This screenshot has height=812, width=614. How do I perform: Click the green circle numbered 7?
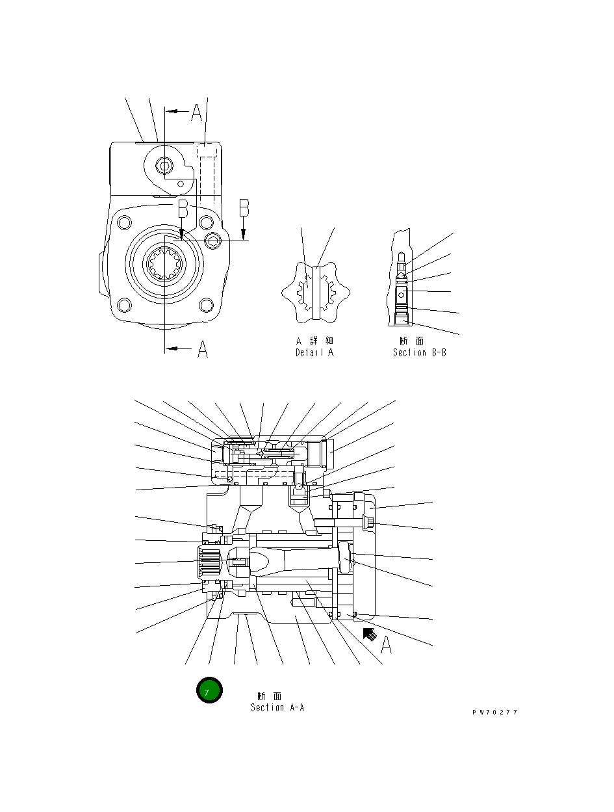click(209, 690)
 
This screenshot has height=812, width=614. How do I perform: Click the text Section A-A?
click(277, 707)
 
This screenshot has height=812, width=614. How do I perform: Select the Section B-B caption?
click(419, 353)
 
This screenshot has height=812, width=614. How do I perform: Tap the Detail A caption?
click(314, 353)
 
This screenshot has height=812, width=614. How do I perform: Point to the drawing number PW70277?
click(494, 713)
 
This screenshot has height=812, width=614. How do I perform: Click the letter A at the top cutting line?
click(197, 114)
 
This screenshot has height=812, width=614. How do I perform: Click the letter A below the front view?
click(203, 350)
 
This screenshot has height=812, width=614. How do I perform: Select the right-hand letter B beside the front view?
click(244, 207)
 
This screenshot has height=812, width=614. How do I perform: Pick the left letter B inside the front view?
click(183, 209)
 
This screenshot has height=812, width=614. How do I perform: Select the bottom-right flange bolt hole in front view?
click(206, 304)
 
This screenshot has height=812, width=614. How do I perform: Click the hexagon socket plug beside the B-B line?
click(214, 242)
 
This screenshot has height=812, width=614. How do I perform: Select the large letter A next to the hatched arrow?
click(386, 644)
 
